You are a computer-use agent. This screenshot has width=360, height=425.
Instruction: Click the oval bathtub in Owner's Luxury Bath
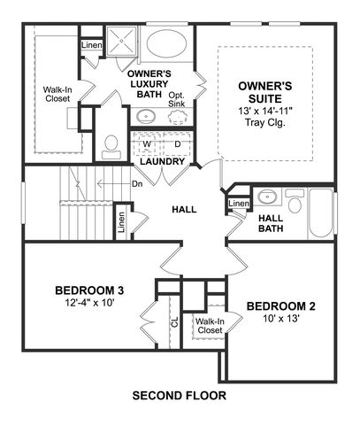pos(166,43)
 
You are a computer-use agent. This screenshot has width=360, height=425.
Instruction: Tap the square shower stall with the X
pos(121,41)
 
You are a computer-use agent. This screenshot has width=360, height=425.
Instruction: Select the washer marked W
pos(147,144)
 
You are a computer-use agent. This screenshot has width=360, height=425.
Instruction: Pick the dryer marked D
pos(177,144)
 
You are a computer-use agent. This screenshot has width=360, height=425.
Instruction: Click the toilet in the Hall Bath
pos(295,201)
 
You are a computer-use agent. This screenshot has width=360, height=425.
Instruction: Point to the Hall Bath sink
pos(267,197)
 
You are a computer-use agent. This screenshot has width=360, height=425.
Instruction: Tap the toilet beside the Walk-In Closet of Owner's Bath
pos(111,147)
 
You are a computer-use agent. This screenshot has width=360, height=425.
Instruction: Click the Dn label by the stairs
pos(137,184)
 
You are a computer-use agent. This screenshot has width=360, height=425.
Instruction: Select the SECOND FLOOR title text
pos(180,395)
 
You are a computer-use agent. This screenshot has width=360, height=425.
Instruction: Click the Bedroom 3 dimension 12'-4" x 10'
pos(89,303)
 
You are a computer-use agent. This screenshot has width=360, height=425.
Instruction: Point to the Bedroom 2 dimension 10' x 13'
pos(281,319)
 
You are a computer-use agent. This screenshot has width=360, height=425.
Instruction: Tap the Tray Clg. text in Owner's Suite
pos(265,122)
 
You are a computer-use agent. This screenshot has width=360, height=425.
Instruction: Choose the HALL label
pos(184,210)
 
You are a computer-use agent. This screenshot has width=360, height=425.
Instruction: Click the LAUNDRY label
pos(163,161)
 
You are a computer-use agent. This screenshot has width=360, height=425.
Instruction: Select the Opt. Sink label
pos(177,99)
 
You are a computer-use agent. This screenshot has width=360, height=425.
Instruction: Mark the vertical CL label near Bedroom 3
pos(175,322)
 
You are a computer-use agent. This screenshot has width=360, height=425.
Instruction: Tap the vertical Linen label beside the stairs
pos(121,222)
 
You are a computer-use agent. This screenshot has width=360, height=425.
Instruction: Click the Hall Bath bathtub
pos(321,213)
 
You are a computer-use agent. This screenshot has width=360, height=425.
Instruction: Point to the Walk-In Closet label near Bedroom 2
pos(210,326)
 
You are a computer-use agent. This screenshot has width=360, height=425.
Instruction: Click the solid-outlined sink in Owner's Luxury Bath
pos(146,117)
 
